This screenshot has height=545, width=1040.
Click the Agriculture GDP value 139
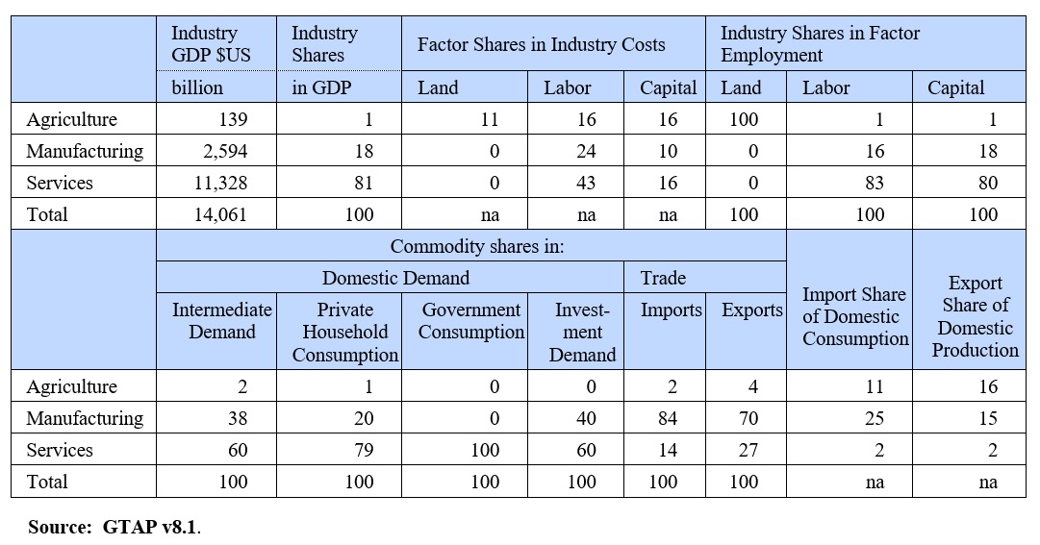pyautogui.click(x=233, y=119)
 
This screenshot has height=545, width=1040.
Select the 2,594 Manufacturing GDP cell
pyautogui.click(x=225, y=151)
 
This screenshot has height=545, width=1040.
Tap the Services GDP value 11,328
pyautogui.click(x=220, y=183)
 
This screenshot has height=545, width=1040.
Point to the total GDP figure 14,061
pyautogui.click(x=220, y=214)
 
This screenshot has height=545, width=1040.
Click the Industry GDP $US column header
pyautogui.click(x=211, y=44)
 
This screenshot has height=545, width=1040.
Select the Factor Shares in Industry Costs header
pyautogui.click(x=541, y=44)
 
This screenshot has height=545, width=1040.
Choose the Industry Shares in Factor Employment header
pyautogui.click(x=820, y=44)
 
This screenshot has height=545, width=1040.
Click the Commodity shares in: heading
pyautogui.click(x=477, y=246)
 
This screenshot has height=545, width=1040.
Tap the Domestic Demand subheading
pyautogui.click(x=395, y=278)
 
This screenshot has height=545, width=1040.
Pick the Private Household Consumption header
pyautogui.click(x=344, y=332)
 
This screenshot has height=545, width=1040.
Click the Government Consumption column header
pyautogui.click(x=471, y=321)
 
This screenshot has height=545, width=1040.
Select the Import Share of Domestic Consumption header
pyautogui.click(x=854, y=316)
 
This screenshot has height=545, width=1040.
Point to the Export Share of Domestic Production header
pyautogui.click(x=975, y=316)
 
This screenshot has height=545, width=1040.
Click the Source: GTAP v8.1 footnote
pyautogui.click(x=114, y=527)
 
